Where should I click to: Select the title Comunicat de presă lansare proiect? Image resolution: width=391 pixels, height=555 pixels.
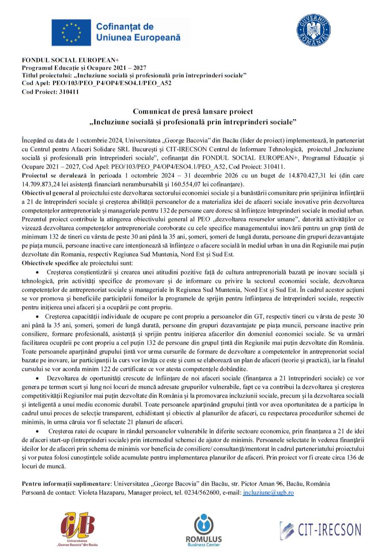tap(193, 112)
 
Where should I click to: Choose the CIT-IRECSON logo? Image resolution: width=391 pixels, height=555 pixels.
tap(321, 530)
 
